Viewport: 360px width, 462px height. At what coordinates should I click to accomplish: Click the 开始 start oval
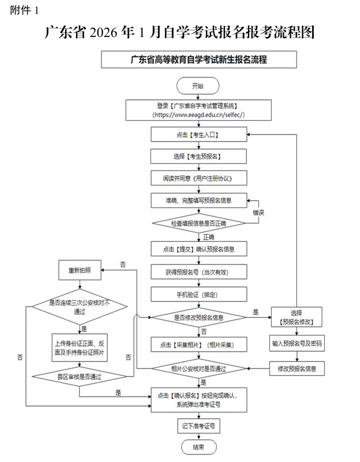[198, 85]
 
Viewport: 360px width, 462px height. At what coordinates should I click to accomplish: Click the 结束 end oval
[198, 447]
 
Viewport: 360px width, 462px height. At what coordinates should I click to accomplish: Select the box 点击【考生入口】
[198, 135]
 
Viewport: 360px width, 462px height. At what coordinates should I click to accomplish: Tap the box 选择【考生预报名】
[198, 157]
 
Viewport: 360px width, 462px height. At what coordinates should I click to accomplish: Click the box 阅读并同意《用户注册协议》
[198, 178]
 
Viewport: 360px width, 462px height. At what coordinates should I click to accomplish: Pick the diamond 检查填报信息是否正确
[198, 223]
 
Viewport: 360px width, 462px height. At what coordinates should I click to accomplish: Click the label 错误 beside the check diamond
[257, 213]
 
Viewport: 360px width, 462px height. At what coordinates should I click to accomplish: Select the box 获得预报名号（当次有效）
[198, 271]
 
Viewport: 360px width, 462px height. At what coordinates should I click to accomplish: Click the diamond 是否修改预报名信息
[198, 317]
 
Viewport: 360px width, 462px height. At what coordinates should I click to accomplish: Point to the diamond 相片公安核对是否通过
[198, 368]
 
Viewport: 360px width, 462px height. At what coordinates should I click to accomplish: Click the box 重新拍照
[80, 270]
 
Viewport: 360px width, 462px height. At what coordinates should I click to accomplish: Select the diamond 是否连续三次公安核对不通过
[80, 306]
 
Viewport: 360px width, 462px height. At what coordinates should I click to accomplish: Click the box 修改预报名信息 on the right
[297, 368]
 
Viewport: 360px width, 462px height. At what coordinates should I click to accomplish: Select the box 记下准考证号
[198, 426]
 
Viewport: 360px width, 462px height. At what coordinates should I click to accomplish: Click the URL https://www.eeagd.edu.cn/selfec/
[198, 115]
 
